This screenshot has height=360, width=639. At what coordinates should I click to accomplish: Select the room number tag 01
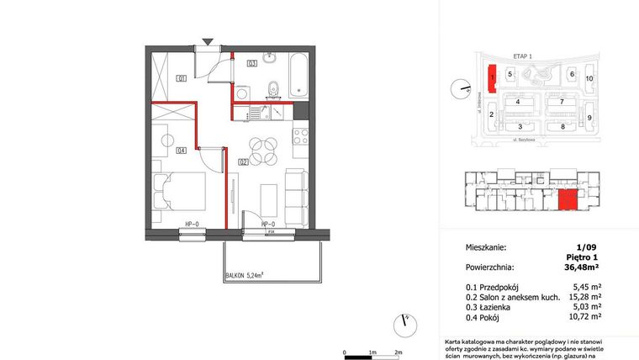pyautogui.click(x=180, y=78)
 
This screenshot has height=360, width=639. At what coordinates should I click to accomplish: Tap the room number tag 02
pyautogui.click(x=241, y=161)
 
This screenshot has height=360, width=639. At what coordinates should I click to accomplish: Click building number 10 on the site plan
pyautogui.click(x=589, y=78)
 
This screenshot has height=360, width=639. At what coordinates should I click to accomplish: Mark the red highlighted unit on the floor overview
pyautogui.click(x=568, y=200)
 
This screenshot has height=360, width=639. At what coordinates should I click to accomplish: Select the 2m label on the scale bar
pyautogui.click(x=399, y=352)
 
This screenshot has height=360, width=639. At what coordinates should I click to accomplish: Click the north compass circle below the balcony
pyautogui.click(x=405, y=320)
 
